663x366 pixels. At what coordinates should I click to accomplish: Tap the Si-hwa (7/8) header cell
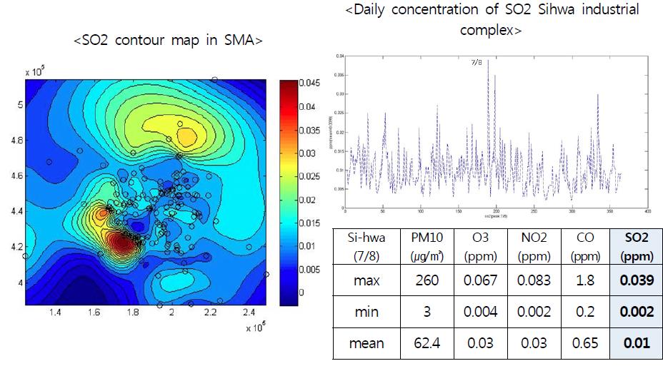(x=367, y=245)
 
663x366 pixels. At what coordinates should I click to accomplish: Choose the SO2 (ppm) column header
(x=635, y=245)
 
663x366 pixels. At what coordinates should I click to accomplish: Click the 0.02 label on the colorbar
(x=311, y=200)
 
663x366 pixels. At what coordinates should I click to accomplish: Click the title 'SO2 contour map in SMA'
(x=168, y=41)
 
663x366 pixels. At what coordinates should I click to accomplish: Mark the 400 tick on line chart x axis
(x=647, y=212)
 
